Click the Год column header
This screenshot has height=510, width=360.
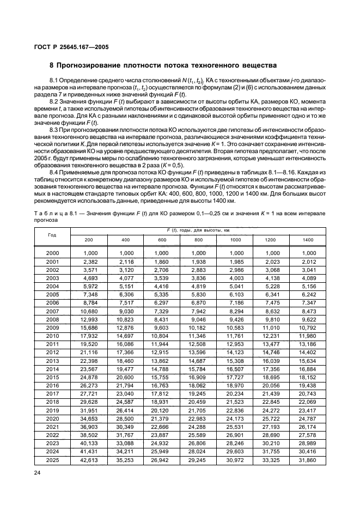point(52,235)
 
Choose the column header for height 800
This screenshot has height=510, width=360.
point(198,240)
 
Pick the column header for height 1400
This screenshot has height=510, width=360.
point(308,240)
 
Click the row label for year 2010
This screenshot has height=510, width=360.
point(52,336)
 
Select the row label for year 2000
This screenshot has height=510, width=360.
point(52,253)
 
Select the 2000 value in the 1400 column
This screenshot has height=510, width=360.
point(308,253)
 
